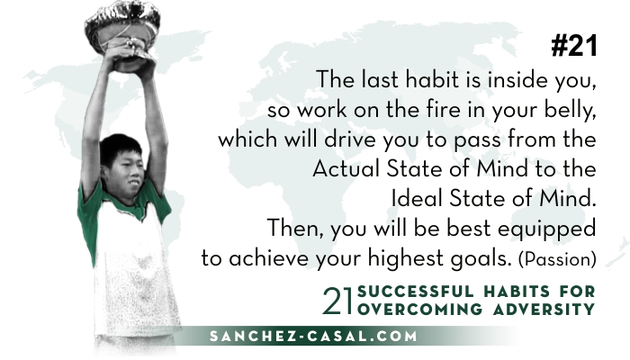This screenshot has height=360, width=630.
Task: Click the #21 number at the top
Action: click(574, 45)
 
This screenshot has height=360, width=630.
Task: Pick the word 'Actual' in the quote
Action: click(346, 169)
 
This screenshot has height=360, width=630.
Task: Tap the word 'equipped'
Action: click(547, 229)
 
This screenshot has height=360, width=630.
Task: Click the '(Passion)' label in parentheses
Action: click(557, 259)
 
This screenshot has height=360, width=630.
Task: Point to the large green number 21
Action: click(337, 301)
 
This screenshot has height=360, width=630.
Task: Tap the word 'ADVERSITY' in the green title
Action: click(544, 310)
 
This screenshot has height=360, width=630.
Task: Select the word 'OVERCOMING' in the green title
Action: click(420, 310)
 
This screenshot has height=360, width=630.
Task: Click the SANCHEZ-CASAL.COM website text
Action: click(313, 336)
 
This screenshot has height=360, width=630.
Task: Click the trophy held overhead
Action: click(122, 35)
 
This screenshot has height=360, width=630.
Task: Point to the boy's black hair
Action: click(119, 147)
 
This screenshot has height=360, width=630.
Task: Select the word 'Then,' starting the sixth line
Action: click(295, 229)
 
